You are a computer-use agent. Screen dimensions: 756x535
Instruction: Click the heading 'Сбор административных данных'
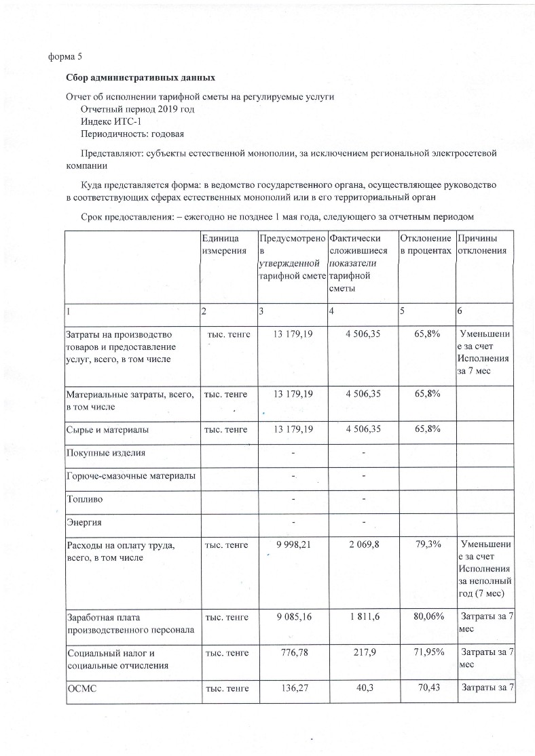tap(140, 78)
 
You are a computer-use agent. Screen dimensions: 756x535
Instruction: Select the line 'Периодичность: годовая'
tap(132, 134)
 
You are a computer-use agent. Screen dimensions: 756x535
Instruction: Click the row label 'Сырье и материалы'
tap(107, 430)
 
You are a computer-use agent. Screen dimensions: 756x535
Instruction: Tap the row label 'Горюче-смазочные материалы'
tap(130, 477)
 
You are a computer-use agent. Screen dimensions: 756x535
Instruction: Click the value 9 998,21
tap(293, 545)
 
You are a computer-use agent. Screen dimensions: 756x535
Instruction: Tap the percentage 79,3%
tap(427, 545)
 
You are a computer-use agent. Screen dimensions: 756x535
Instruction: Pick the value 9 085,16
tap(293, 617)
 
